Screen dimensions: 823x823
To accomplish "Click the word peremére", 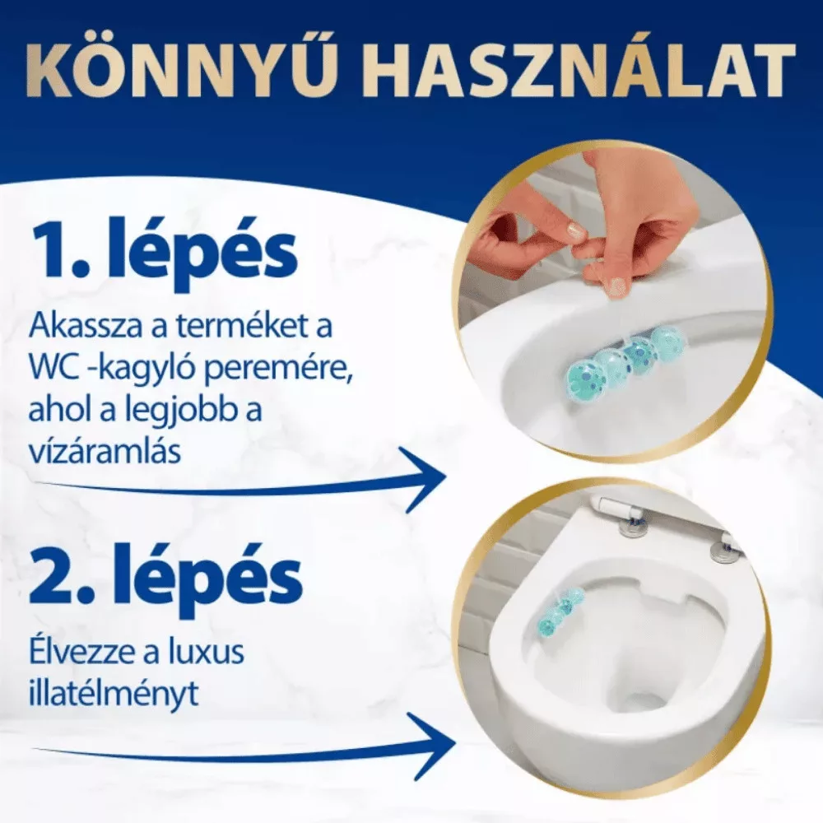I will [x=291, y=369].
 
